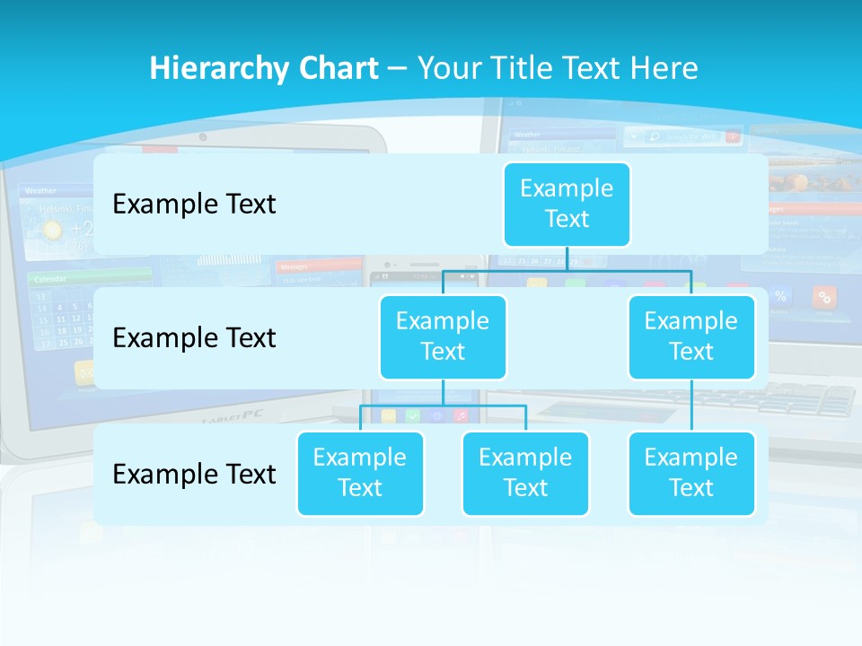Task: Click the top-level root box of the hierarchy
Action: tap(567, 204)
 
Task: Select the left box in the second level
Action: tap(443, 336)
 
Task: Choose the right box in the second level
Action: tap(690, 336)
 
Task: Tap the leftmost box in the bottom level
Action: tap(360, 473)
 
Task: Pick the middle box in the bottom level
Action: tap(525, 473)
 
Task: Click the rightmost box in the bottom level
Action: tap(690, 473)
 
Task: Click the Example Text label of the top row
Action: tap(194, 204)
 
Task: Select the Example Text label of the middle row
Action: tap(194, 337)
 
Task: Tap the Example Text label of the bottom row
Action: tap(194, 474)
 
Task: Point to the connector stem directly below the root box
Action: tap(567, 258)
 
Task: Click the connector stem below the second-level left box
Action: tap(443, 392)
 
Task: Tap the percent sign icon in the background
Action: tap(780, 296)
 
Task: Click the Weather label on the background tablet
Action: tap(40, 190)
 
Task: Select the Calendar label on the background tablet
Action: tap(51, 279)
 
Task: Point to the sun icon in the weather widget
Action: tap(53, 230)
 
